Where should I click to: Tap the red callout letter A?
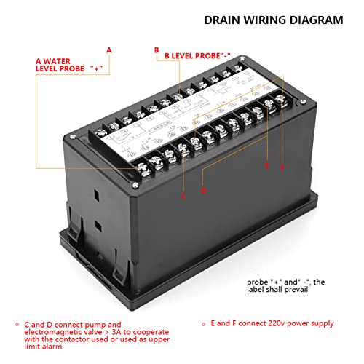(x=109, y=50)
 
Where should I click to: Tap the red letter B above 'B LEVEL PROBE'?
(x=156, y=50)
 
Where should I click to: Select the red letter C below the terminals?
(x=183, y=196)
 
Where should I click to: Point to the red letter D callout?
(x=205, y=191)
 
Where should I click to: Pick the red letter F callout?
(x=282, y=168)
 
